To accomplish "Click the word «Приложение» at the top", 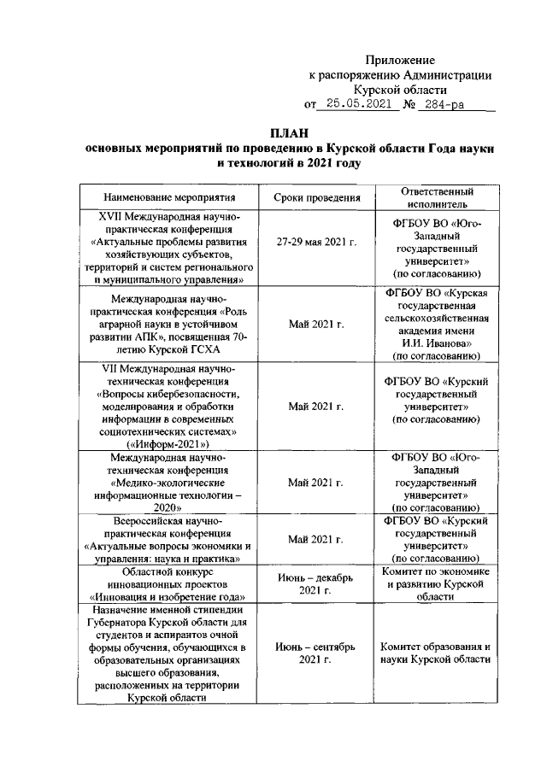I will (400, 60).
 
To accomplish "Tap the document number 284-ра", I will (448, 105).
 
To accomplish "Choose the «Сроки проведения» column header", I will (315, 197).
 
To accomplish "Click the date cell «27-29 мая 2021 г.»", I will (315, 243).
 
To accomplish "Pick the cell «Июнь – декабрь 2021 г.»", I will (315, 584).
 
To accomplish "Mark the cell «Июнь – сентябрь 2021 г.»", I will (315, 653).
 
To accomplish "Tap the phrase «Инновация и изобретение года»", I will (168, 597).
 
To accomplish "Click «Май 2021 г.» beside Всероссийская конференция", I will (315, 540).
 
